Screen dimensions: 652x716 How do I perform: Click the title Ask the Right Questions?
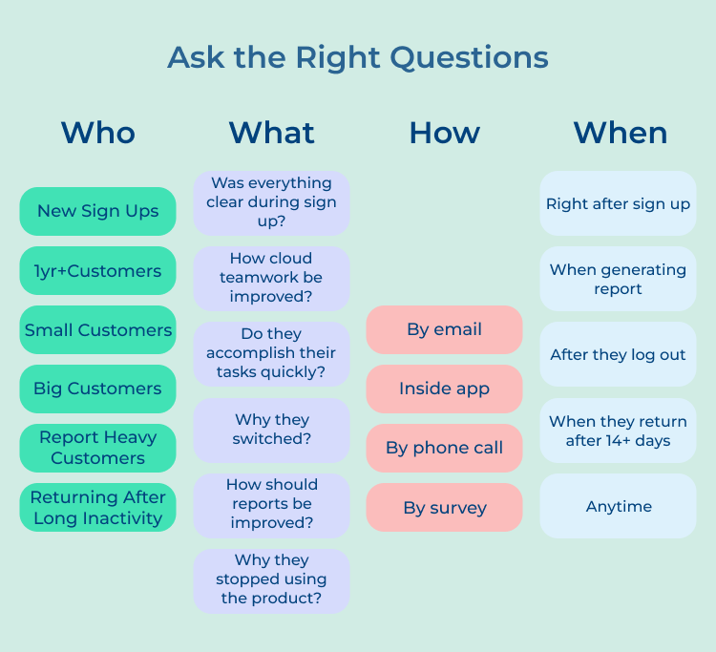coord(358,57)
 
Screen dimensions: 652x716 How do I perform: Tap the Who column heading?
coord(97,132)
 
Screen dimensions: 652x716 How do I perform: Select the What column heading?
coord(271,132)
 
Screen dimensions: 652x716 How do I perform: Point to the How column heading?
coord(444,132)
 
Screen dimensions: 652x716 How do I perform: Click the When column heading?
coord(620,132)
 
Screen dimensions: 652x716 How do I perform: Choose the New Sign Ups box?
coord(97,211)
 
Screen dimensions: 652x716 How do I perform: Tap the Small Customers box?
coord(97,330)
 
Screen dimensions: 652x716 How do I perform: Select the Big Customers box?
coord(97,389)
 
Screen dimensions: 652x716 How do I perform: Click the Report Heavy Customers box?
coord(97,448)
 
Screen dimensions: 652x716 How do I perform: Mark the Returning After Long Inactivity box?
coord(97,508)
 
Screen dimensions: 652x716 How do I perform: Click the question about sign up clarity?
coord(271,202)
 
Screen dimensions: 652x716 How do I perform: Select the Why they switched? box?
coord(271,430)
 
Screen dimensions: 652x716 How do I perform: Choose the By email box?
coord(444,329)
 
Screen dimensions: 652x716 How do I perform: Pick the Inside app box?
coord(444,389)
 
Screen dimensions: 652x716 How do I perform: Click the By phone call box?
coord(444,448)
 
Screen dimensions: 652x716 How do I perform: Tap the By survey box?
coord(444,507)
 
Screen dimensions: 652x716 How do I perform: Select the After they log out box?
coord(618,354)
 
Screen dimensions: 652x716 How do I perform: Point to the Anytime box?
coord(618,506)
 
